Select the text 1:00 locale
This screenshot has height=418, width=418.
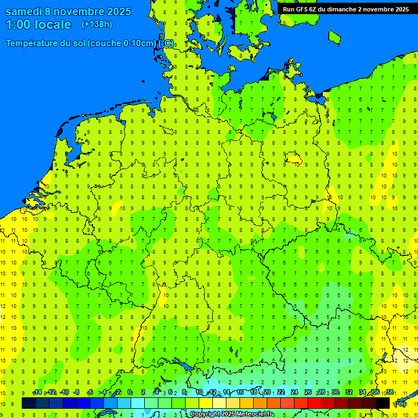pos(39,25)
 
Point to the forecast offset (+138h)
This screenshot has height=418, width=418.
pos(96,24)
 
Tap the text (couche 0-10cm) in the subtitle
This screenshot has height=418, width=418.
pos(122,44)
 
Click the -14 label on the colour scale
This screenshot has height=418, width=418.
pos(38,392)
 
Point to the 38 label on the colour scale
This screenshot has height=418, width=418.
pos(389,392)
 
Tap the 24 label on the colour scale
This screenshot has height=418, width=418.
pos(294,392)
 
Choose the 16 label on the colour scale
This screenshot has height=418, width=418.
pos(240,392)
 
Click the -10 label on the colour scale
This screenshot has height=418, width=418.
pos(64,392)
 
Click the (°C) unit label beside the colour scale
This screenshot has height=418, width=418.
pos(400,404)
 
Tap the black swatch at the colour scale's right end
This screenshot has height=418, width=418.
pos(383,403)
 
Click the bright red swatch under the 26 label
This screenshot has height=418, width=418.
pos(314,403)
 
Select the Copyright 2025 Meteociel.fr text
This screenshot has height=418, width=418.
pos(231,414)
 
